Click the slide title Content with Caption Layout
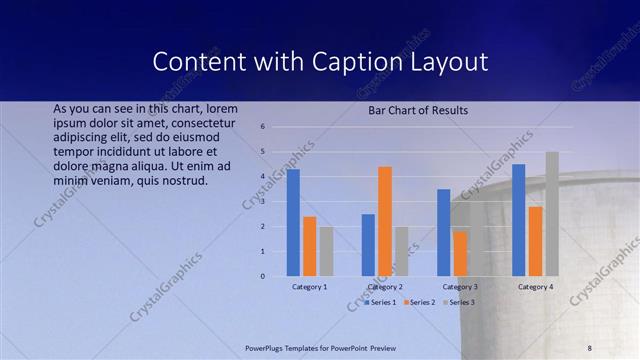(x=320, y=61)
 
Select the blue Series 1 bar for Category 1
(x=293, y=222)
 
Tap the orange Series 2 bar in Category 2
(x=385, y=221)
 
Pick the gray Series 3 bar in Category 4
(x=552, y=214)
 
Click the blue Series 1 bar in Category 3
(x=443, y=232)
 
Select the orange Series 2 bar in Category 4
(x=535, y=241)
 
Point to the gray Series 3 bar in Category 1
(x=326, y=251)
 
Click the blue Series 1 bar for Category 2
(x=368, y=245)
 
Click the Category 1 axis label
(x=309, y=287)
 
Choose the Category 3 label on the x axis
(x=459, y=287)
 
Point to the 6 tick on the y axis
(x=261, y=127)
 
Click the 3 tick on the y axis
(x=261, y=201)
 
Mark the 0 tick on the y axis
(x=261, y=276)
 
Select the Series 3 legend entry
(x=461, y=301)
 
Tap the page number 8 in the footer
(x=590, y=347)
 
